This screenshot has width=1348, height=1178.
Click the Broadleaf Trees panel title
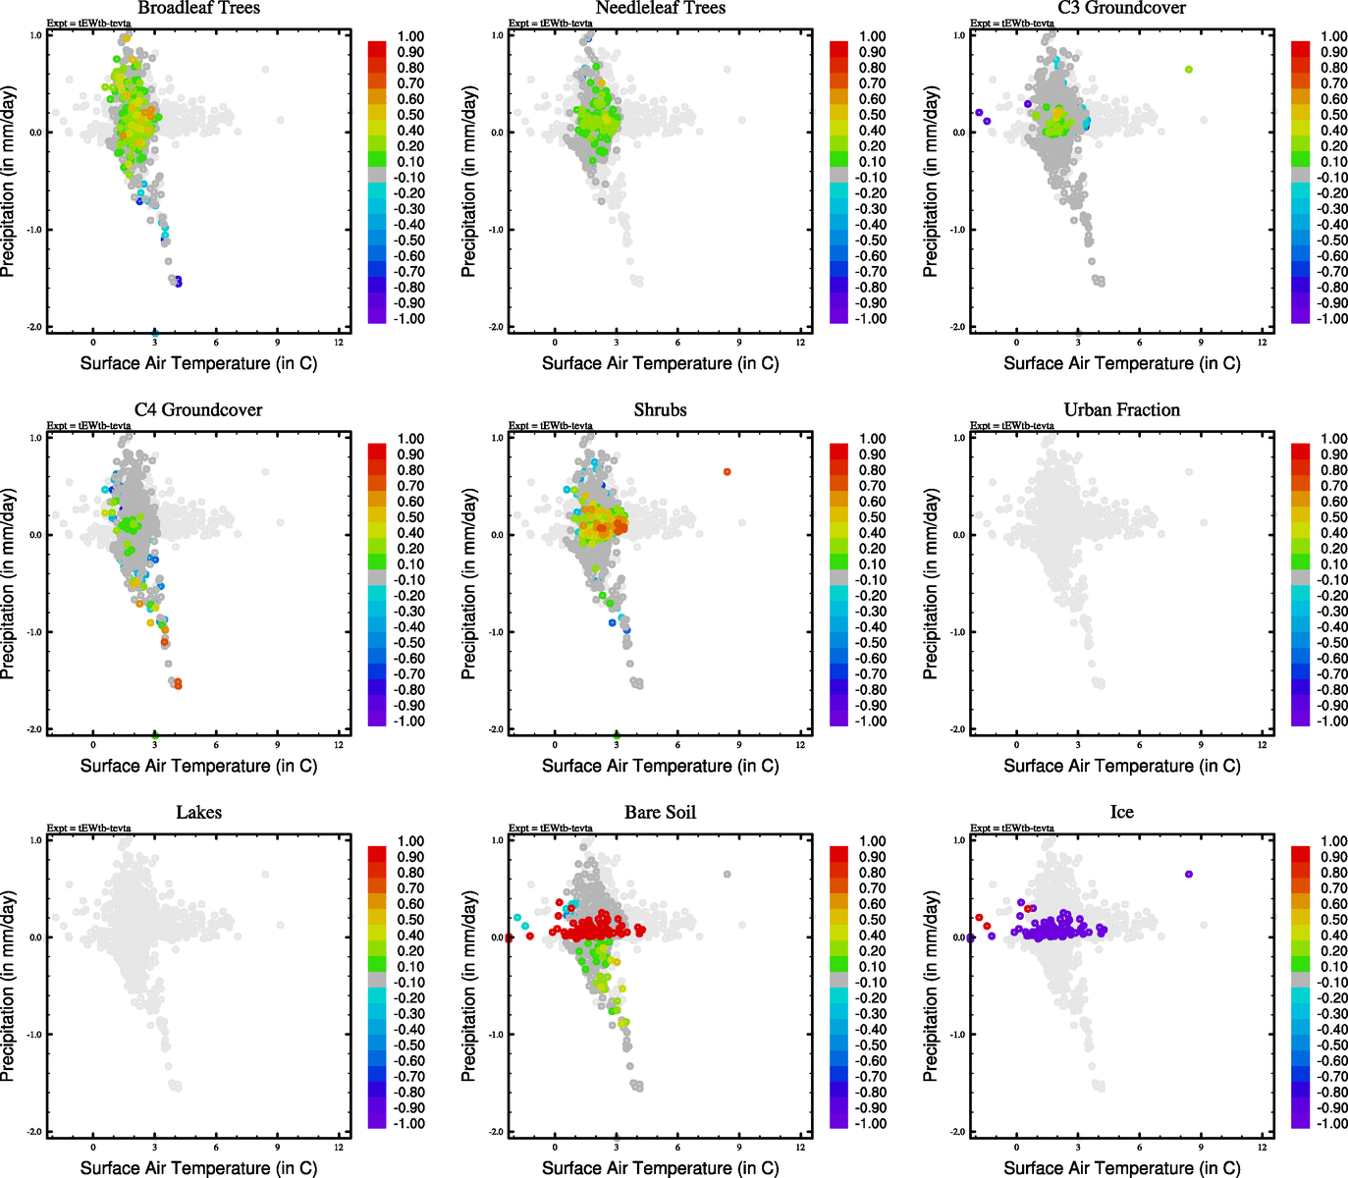click(x=198, y=8)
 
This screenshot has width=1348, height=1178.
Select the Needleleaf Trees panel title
click(x=660, y=8)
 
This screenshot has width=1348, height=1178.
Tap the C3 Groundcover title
click(x=1121, y=8)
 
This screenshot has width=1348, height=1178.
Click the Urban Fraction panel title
click(x=1121, y=410)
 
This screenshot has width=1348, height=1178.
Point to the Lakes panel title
click(x=198, y=813)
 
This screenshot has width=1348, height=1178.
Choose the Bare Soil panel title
click(x=660, y=813)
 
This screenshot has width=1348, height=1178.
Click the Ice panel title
click(x=1121, y=813)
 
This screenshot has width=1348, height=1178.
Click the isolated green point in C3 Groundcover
click(x=1189, y=70)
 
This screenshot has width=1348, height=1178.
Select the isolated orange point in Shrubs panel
click(x=728, y=472)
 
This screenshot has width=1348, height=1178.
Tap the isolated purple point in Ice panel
click(x=1189, y=874)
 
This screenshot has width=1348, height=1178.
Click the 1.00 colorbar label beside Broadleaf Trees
click(x=410, y=36)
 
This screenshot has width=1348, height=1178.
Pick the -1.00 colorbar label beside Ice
click(x=1332, y=1124)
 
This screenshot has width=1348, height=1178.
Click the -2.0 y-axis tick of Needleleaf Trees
click(x=497, y=327)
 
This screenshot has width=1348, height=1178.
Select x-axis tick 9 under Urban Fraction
click(x=1201, y=745)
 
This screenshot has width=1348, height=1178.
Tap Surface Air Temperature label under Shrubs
click(x=660, y=766)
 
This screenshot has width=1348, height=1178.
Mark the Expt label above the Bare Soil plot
click(x=551, y=829)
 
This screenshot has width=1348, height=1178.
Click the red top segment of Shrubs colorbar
click(x=839, y=451)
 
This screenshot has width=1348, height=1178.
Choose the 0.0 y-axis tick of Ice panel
click(x=958, y=937)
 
